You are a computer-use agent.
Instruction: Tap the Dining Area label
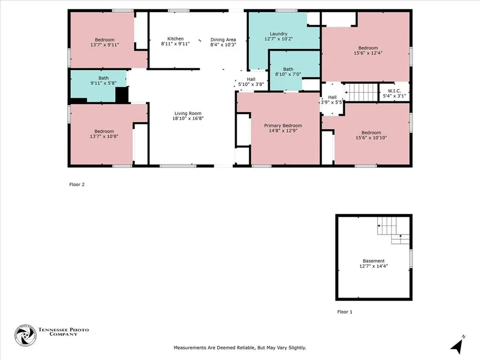[223, 40]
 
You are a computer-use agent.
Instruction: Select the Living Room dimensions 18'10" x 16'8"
[188, 119]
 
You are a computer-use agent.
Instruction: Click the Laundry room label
[278, 34]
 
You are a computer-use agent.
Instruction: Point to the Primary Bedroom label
[283, 126]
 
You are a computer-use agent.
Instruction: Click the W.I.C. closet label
[393, 90]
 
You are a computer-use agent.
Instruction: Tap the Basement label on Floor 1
[374, 261]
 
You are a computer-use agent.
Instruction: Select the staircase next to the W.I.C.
[361, 92]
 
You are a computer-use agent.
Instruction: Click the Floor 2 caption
[77, 185]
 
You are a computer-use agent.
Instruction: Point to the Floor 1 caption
[345, 312]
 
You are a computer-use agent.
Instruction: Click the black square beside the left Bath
[122, 94]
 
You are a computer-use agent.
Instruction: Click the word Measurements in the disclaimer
[190, 348]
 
